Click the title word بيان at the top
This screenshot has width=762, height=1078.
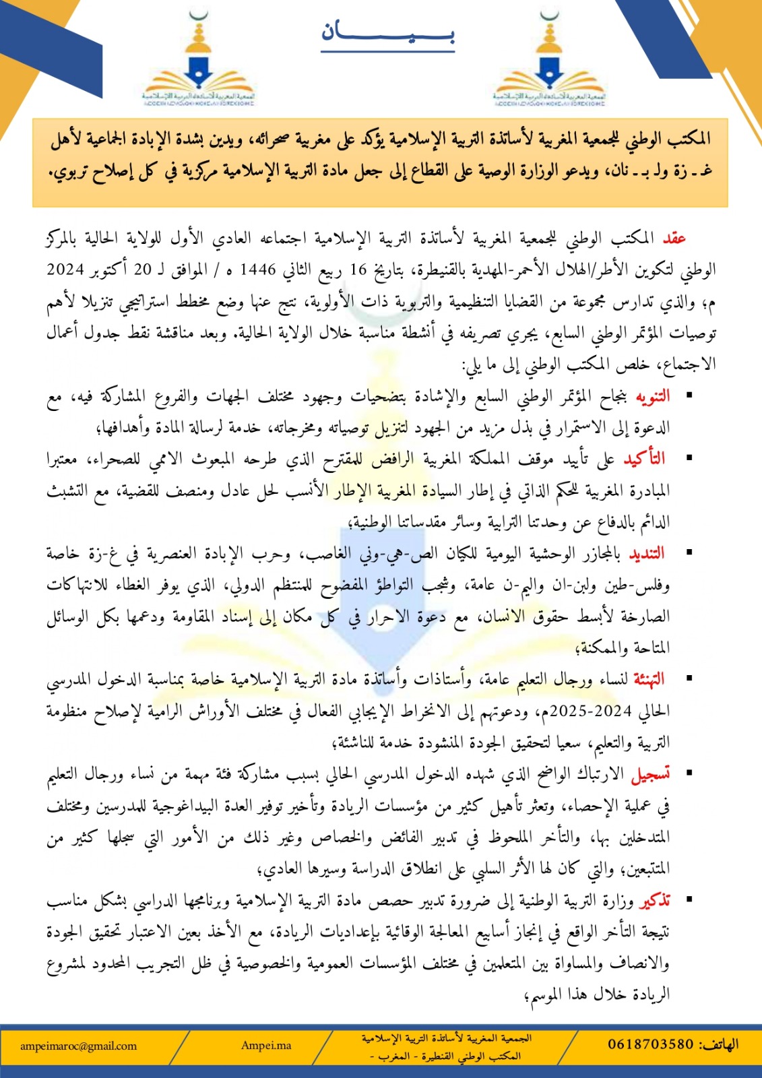click(x=387, y=32)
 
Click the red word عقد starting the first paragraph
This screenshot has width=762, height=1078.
click(x=674, y=238)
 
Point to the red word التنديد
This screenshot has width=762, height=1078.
click(x=646, y=554)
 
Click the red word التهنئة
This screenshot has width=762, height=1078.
click(x=648, y=679)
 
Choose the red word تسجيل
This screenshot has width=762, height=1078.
click(x=650, y=775)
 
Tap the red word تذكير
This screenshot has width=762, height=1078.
click(x=654, y=901)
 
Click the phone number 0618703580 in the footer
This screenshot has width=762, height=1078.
click(x=650, y=1044)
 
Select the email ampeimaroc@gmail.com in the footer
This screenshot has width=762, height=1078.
click(x=78, y=1046)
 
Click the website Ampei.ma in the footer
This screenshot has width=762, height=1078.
click(x=266, y=1046)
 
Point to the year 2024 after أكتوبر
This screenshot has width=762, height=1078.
click(x=65, y=269)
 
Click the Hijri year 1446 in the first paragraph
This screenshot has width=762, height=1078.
click(x=259, y=269)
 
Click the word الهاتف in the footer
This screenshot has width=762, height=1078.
click(x=719, y=1044)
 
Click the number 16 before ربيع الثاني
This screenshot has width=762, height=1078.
click(x=358, y=269)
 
